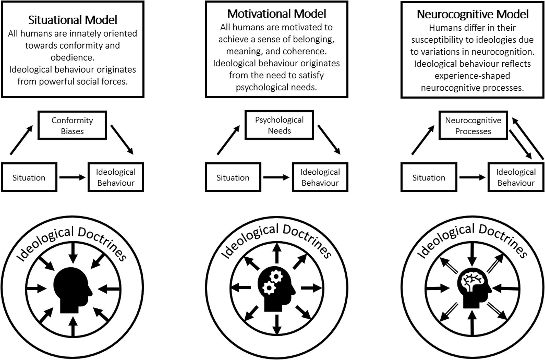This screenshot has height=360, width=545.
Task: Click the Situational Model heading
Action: point(73,20)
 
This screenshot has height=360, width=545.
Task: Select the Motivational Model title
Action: point(277,14)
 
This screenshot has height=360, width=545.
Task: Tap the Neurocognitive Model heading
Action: point(472,14)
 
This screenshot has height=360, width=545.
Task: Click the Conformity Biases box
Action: point(72,125)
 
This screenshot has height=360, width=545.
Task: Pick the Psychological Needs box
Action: point(279,125)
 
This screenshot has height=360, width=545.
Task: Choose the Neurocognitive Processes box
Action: point(473,125)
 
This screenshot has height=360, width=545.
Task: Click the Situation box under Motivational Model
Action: point(233,177)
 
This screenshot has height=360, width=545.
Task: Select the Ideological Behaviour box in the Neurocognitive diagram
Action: point(516,177)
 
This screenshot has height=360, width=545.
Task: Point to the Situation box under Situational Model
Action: point(29,177)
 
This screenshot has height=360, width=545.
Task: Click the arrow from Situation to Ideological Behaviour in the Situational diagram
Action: point(72,177)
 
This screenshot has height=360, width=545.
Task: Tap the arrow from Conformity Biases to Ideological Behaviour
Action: point(122,140)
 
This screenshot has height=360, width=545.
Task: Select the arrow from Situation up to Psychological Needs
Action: point(228,140)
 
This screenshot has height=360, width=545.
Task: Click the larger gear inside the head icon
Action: point(276,277)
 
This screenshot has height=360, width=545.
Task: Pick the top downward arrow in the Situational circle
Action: point(73,253)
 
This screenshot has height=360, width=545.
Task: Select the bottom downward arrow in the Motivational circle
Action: point(277,324)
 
